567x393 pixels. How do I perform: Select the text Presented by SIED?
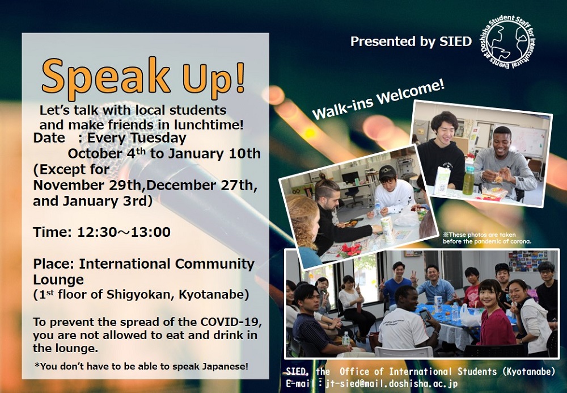coord(411,41)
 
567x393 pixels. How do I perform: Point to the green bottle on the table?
coord(468,181)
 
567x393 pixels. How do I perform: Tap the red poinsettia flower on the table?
coord(349,250)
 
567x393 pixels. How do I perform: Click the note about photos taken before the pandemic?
coord(487,238)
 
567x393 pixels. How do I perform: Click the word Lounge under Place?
coord(58,279)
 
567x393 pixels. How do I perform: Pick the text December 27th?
coord(200,186)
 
